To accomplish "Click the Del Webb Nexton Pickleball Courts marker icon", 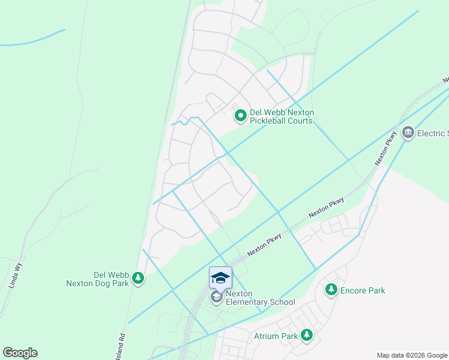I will click(x=240, y=116).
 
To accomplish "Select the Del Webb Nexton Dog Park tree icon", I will click(x=139, y=278).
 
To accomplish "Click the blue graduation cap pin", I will click(x=220, y=277).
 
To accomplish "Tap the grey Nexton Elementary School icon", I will click(x=216, y=297).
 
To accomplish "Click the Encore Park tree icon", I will click(x=331, y=290).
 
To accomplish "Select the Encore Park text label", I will click(x=363, y=290).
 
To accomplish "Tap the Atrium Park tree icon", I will click(x=307, y=335).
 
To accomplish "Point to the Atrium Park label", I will click(x=276, y=336).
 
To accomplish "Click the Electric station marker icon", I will click(x=408, y=133).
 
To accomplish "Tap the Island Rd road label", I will click(x=122, y=347).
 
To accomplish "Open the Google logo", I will click(x=20, y=353).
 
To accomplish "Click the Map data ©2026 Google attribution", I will click(x=411, y=355).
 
